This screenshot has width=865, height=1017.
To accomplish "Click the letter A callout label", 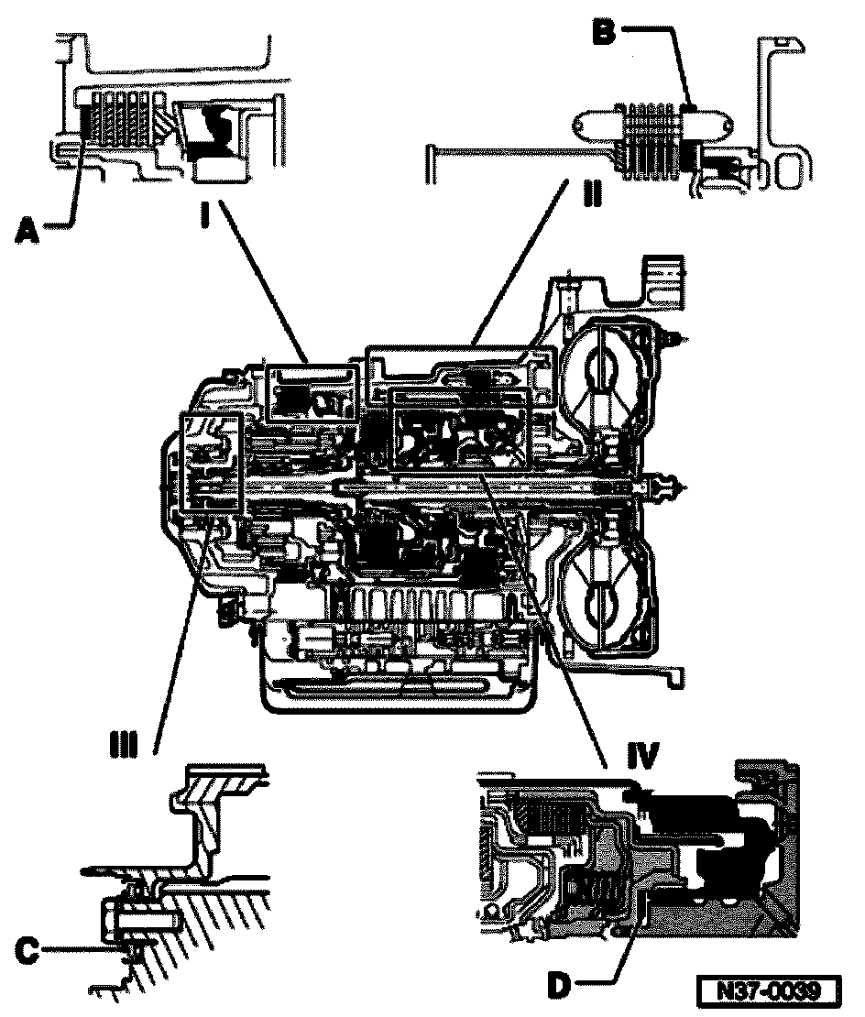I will [27, 235].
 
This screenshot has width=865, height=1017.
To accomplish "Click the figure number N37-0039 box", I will [769, 991].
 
